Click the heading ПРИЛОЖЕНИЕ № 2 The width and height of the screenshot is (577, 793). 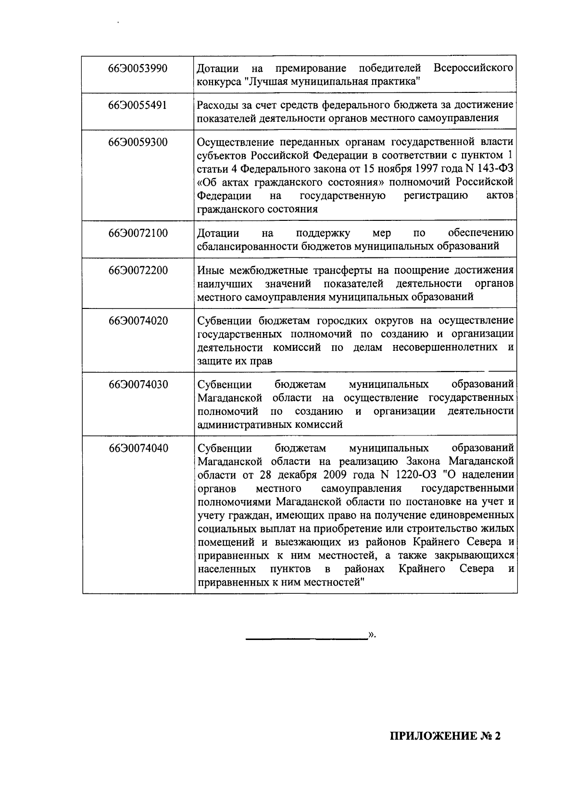click(445, 736)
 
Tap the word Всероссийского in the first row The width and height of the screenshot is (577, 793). click(473, 68)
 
